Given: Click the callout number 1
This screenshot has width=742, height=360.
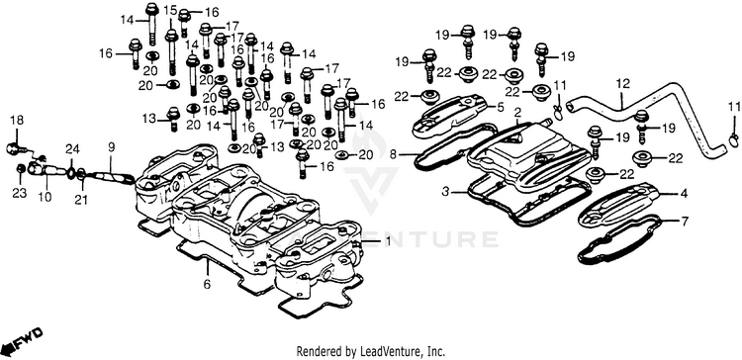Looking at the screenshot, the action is [388, 241].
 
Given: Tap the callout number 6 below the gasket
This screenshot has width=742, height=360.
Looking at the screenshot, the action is [207, 285].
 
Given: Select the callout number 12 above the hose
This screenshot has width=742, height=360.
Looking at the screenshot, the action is [623, 84].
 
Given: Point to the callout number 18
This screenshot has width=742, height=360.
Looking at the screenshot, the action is [17, 121].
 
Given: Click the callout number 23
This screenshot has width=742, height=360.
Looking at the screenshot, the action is [20, 194].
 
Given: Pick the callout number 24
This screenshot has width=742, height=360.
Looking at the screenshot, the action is [72, 149].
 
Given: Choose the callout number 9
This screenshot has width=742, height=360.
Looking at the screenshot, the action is [111, 147].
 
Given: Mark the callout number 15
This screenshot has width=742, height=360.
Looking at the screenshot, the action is [170, 10].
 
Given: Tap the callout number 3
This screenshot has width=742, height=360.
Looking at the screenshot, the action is [446, 193].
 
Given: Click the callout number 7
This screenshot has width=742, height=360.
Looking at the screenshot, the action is [685, 221].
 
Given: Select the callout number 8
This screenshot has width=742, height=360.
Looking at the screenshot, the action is [406, 154].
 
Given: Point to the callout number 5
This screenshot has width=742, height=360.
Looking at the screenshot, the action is [501, 108].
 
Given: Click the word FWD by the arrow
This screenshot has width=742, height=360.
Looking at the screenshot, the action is [30, 340].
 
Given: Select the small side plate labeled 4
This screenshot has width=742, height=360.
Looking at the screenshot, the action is [618, 205].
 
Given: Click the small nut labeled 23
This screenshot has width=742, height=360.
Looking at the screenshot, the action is [21, 169].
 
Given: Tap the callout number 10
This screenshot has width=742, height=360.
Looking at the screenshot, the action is [45, 197].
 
